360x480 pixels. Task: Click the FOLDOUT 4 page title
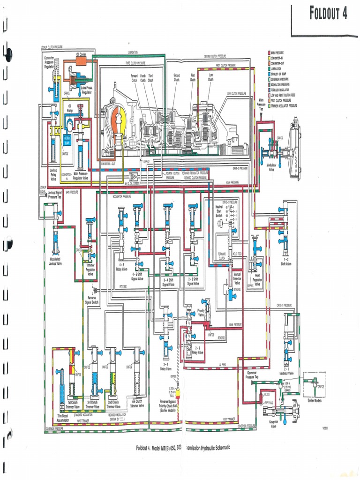click(x=328, y=13)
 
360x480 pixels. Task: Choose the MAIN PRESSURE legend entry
click(x=280, y=52)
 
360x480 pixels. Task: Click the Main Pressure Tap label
click(x=262, y=105)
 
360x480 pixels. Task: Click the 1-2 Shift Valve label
click(x=286, y=262)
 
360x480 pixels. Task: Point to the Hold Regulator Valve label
click(x=257, y=281)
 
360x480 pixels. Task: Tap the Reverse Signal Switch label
click(x=92, y=300)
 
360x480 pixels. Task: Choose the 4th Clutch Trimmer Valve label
click(x=137, y=404)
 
